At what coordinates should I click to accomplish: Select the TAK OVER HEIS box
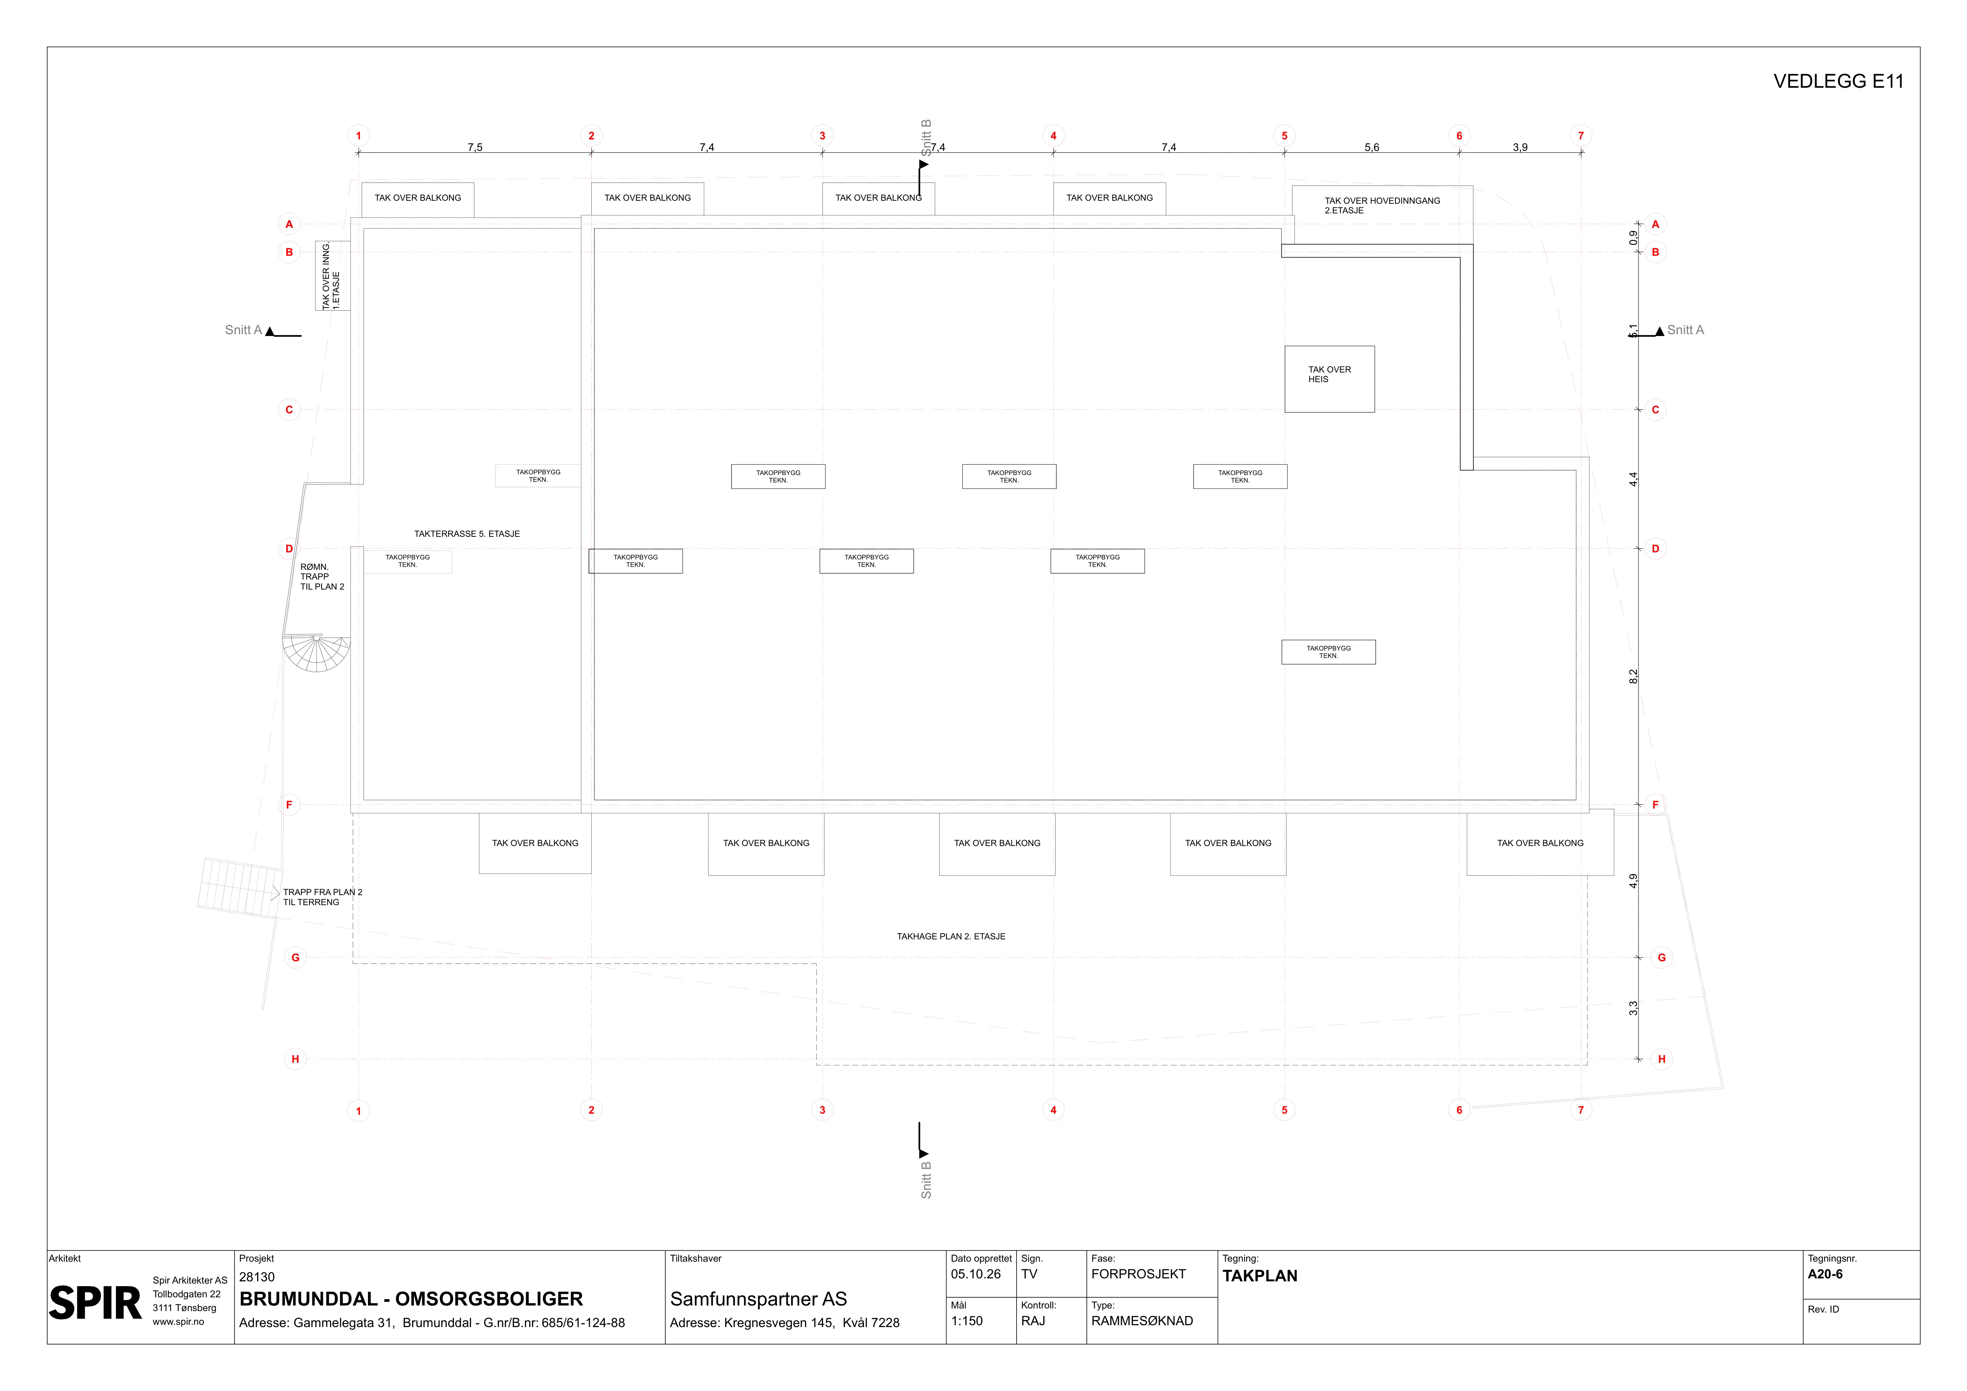pyautogui.click(x=1330, y=380)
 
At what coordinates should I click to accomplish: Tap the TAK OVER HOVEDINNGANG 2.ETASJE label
pyautogui.click(x=1382, y=206)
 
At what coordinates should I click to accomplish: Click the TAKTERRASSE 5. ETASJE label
pyautogui.click(x=467, y=534)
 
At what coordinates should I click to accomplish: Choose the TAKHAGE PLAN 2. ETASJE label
pyautogui.click(x=951, y=936)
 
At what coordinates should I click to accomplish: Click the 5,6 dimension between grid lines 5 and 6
pyautogui.click(x=1372, y=147)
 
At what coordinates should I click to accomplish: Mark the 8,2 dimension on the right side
pyautogui.click(x=1633, y=677)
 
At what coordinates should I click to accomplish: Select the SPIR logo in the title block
pyautogui.click(x=95, y=1304)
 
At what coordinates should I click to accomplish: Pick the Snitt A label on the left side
pyautogui.click(x=243, y=330)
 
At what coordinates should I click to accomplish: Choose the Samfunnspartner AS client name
pyautogui.click(x=758, y=1299)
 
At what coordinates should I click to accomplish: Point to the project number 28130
pyautogui.click(x=257, y=1277)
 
